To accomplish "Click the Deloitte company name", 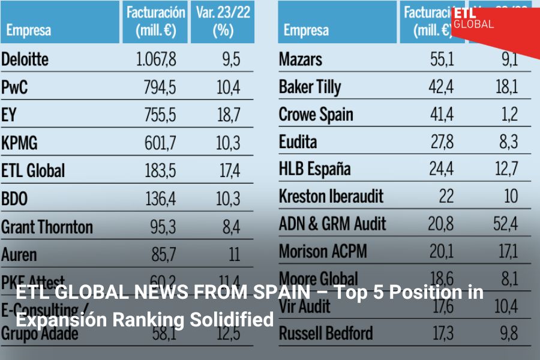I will coord(25,59).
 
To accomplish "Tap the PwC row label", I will coord(14,88).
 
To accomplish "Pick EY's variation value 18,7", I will coord(229,115).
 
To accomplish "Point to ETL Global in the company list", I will coord(33,171).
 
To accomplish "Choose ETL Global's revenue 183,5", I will coord(160,171).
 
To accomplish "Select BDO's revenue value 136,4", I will coord(160,199).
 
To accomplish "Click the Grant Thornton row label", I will coord(47,227).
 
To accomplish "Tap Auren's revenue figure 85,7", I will coord(163,254).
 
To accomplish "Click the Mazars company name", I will coord(301,59).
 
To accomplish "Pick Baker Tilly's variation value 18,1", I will coord(506,88).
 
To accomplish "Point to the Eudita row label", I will coord(298,143).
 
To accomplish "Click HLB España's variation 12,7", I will coord(506,171).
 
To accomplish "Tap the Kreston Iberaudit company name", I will coord(331,196).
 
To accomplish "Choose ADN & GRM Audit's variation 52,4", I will coord(506,224).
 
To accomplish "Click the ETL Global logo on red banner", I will coord(473,19).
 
